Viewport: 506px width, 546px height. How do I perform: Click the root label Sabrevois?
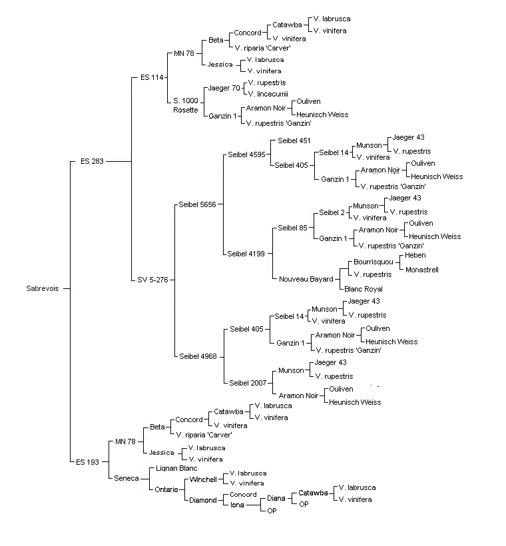[43, 288]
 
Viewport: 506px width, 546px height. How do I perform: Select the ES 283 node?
[92, 161]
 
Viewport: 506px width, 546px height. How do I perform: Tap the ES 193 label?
[87, 462]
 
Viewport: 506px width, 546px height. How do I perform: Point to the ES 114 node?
[152, 77]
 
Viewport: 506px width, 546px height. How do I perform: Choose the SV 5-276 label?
[152, 280]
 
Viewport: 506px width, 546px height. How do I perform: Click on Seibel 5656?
[198, 204]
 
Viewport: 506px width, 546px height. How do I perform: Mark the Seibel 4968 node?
[198, 356]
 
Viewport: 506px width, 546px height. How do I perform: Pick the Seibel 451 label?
[294, 140]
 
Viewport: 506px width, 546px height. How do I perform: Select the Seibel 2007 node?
[248, 383]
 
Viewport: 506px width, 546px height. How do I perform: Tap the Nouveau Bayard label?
[306, 279]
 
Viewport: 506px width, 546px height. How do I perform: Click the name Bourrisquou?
[374, 262]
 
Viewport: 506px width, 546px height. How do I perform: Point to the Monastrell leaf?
[421, 270]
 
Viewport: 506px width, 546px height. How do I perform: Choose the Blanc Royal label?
[364, 289]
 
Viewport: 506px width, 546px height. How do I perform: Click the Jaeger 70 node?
[224, 88]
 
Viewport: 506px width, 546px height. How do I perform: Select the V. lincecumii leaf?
[268, 94]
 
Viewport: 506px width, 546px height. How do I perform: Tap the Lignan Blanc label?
[176, 468]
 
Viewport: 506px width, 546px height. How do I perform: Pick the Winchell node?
[203, 479]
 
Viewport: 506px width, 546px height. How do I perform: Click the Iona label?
[237, 505]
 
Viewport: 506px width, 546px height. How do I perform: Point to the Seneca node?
[126, 478]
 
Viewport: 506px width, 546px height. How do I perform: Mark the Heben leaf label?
[415, 255]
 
